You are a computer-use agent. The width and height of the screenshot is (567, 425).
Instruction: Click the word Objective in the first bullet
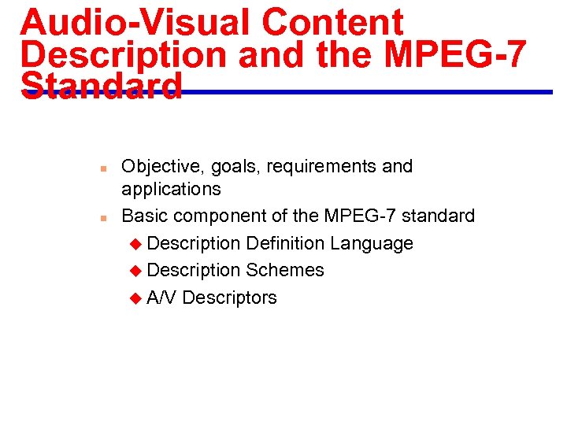160,167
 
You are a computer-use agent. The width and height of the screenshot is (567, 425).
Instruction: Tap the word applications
171,189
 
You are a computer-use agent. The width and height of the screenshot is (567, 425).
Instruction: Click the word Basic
145,216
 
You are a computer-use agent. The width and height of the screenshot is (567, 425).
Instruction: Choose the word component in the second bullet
219,216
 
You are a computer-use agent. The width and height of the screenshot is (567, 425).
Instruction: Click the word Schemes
285,270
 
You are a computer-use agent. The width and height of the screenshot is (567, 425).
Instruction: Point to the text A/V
161,297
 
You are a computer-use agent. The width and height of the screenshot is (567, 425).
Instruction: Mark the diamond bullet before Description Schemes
136,271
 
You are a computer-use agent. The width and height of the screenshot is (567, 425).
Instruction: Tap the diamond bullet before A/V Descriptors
136,298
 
